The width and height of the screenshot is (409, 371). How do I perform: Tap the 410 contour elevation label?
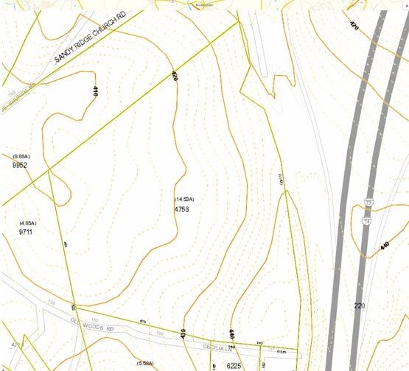click(95, 92)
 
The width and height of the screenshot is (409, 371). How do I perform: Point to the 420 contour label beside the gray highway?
click(354, 26)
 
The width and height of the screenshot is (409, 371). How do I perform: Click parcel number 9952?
click(20, 166)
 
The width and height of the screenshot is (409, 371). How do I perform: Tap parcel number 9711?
click(26, 232)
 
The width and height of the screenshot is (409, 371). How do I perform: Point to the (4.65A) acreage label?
click(28, 223)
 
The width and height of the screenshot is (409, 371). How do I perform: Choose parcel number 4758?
click(181, 209)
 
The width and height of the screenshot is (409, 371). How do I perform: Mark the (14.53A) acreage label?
click(184, 199)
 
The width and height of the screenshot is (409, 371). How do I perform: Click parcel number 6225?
click(234, 365)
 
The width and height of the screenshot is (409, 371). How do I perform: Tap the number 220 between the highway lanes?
click(359, 305)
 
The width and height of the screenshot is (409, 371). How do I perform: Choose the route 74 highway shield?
click(366, 219)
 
